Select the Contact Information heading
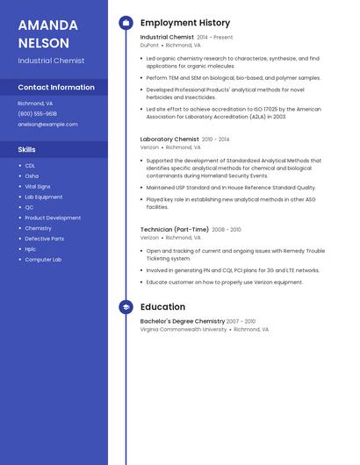(56, 87)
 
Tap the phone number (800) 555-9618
(37, 113)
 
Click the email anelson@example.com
(47, 124)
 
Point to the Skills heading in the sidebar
(26, 149)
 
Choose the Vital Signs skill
(38, 186)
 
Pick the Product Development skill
(53, 218)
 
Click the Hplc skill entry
(31, 249)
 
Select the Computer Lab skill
(43, 260)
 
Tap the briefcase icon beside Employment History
(126, 23)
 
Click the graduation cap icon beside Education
(126, 307)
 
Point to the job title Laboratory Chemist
(169, 139)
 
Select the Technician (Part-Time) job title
(175, 229)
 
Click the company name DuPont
(149, 45)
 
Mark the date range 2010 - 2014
(216, 139)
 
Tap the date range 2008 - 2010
(227, 229)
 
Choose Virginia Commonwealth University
(184, 330)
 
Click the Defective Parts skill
(44, 239)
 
